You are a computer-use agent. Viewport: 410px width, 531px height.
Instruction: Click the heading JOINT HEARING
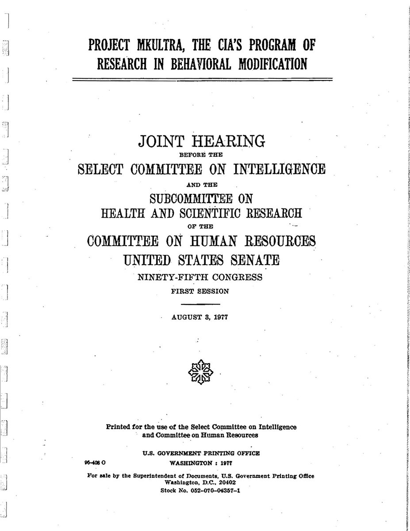coord(201,142)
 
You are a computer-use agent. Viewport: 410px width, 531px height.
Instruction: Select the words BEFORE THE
coord(201,155)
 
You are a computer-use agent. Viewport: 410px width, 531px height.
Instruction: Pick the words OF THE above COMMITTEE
coord(201,227)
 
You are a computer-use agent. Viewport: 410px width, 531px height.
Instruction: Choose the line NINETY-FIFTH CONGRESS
coord(201,278)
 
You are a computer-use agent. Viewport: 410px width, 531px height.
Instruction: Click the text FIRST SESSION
coord(201,292)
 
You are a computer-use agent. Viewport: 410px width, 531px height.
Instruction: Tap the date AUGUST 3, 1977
coord(201,317)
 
